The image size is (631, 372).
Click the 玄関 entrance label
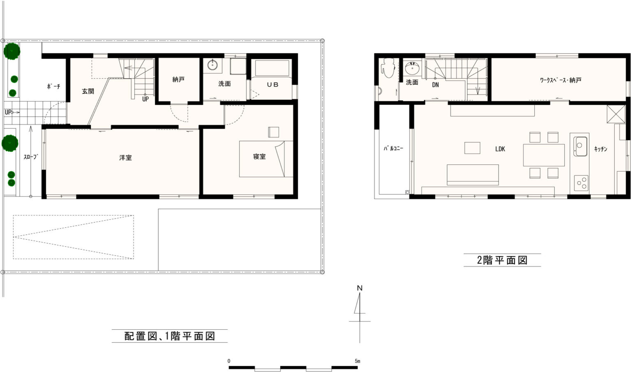tap(88, 91)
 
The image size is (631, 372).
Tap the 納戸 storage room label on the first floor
tap(178, 79)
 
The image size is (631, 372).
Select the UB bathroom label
tap(272, 84)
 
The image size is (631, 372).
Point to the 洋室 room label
tap(125, 157)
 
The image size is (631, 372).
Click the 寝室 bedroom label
tap(260, 157)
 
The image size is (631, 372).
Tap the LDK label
tap(500, 149)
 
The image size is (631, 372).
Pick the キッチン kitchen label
tap(601, 149)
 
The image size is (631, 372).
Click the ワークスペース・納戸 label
tap(561, 80)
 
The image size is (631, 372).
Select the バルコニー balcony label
tap(394, 148)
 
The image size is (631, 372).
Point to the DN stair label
tap(435, 85)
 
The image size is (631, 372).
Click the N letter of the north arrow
tap(359, 288)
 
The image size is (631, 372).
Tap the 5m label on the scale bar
tap(357, 361)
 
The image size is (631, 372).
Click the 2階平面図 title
tap(502, 260)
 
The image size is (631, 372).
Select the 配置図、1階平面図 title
tap(170, 336)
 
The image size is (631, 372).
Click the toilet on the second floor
tap(388, 68)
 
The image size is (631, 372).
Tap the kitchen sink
tap(580, 146)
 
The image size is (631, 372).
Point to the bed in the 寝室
tap(266, 159)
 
